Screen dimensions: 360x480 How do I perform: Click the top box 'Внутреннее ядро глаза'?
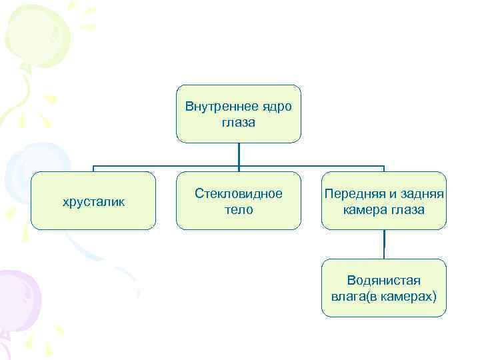click(x=238, y=114)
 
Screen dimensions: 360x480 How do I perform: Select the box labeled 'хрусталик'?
click(x=93, y=201)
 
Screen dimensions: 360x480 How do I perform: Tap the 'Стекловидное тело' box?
click(x=238, y=201)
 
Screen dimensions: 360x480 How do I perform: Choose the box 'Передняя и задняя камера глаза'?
click(x=383, y=201)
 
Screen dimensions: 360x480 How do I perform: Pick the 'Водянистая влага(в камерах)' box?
click(x=383, y=287)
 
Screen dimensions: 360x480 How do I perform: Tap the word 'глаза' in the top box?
click(x=238, y=123)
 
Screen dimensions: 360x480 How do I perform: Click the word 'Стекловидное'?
click(x=238, y=193)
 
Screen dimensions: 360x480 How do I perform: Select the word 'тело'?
click(x=238, y=209)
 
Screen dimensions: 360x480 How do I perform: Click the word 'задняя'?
click(x=421, y=193)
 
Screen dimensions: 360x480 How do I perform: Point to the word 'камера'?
click(x=366, y=209)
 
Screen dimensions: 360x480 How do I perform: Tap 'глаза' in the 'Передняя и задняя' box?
click(x=407, y=209)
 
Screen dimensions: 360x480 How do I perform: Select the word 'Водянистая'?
click(x=383, y=280)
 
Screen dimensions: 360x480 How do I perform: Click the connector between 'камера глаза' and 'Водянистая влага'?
click(x=383, y=244)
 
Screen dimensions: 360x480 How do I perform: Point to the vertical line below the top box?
click(x=238, y=154)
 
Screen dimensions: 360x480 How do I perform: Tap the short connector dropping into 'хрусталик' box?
click(x=93, y=169)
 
